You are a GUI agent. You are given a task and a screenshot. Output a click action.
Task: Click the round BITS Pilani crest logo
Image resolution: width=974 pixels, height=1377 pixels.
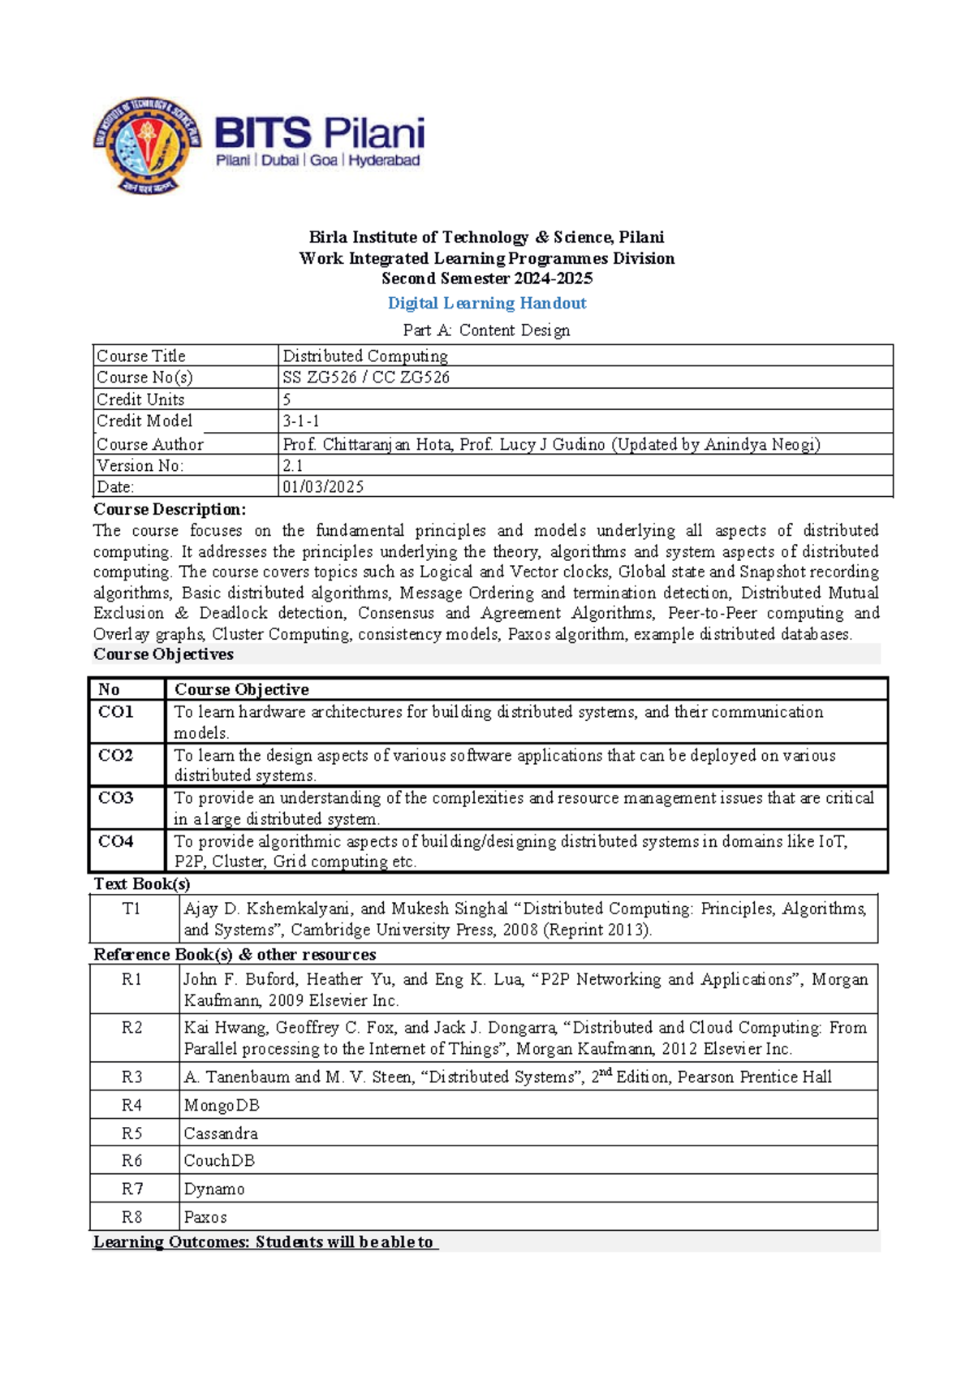(147, 146)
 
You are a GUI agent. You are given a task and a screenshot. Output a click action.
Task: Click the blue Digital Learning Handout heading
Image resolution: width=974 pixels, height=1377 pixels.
(487, 303)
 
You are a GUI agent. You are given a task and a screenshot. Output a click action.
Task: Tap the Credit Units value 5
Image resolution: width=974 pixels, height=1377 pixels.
(287, 399)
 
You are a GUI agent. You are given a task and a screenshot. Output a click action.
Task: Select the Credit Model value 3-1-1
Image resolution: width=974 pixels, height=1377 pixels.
(301, 421)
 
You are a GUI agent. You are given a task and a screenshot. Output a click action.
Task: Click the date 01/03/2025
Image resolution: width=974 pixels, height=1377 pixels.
(323, 487)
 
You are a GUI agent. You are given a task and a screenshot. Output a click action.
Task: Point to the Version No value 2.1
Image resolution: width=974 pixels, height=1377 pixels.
(292, 465)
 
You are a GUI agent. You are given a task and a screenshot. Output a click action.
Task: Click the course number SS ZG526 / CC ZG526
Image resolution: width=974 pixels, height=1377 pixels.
(365, 378)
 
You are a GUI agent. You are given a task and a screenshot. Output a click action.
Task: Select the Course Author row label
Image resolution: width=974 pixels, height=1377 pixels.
(149, 444)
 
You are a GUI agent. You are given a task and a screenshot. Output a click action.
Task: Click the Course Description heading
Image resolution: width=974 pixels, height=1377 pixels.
(169, 509)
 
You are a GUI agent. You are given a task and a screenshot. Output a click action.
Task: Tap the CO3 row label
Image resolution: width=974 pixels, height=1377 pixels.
(115, 798)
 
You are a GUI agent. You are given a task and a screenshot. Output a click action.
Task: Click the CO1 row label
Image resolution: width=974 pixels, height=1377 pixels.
(115, 712)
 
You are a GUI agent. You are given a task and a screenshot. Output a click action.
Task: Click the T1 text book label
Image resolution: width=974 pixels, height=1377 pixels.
(131, 909)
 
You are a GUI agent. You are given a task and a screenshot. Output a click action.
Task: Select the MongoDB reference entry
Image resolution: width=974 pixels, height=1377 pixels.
(221, 1105)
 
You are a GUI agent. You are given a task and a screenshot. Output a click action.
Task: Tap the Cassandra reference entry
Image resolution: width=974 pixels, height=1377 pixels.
(220, 1133)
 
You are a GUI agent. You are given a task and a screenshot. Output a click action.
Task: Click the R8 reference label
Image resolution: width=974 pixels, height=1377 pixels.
(131, 1217)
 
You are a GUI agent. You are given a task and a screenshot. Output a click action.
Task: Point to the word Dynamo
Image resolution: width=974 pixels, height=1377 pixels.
(213, 1189)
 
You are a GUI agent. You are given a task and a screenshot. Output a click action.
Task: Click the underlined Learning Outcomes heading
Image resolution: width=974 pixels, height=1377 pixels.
(264, 1242)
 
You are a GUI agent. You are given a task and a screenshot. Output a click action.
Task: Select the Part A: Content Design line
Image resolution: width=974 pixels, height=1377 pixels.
(486, 330)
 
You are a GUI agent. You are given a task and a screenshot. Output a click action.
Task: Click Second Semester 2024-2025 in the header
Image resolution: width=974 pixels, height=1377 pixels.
(487, 278)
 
